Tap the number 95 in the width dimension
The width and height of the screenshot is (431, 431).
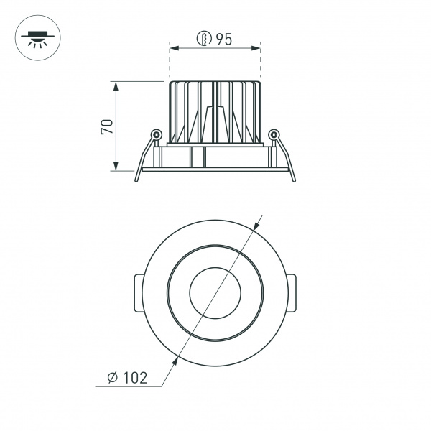(223, 40)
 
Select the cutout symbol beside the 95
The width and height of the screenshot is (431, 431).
(204, 40)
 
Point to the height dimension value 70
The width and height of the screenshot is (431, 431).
(107, 126)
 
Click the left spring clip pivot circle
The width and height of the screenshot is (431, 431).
(156, 134)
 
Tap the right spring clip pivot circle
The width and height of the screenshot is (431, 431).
(272, 134)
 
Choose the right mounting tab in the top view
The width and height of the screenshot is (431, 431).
(293, 293)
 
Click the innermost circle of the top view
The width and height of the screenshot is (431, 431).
(214, 293)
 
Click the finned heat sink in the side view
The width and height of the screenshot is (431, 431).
(214, 111)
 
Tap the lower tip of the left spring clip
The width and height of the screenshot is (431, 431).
(136, 180)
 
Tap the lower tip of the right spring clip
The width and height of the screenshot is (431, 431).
(293, 180)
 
